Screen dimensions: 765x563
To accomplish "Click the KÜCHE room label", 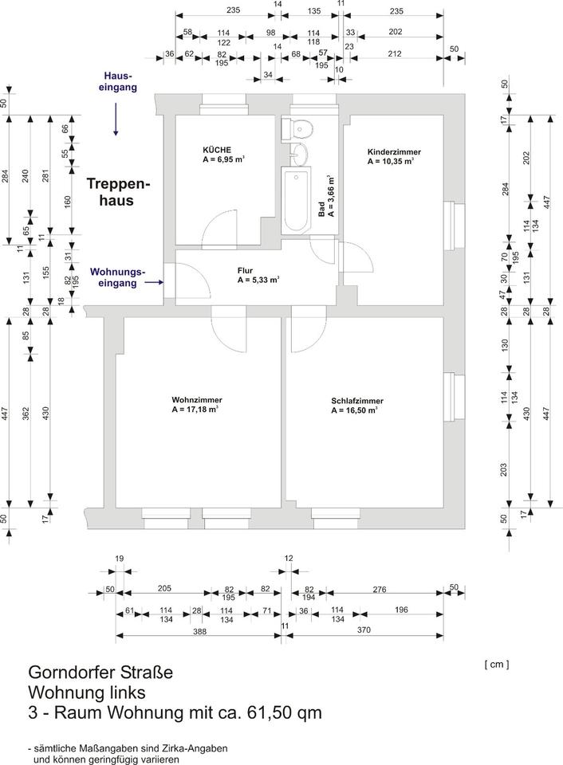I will [x=218, y=149].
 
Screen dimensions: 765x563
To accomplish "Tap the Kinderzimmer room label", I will [x=394, y=151].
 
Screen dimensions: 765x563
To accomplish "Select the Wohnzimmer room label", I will [x=196, y=399].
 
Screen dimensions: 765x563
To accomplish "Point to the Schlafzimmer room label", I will [x=357, y=400].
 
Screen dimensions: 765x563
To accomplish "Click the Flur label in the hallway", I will [x=245, y=270].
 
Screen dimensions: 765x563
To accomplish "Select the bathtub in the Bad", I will [x=296, y=201].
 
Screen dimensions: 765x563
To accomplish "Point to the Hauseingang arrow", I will [x=116, y=122].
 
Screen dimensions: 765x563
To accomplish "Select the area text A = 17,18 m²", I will [x=196, y=410].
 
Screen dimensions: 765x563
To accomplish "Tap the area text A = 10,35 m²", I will [x=391, y=161].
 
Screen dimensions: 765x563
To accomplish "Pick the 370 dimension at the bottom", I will [x=364, y=630].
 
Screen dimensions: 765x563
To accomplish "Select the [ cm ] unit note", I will [x=496, y=663].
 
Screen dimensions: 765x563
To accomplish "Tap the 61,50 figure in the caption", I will [x=268, y=712].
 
